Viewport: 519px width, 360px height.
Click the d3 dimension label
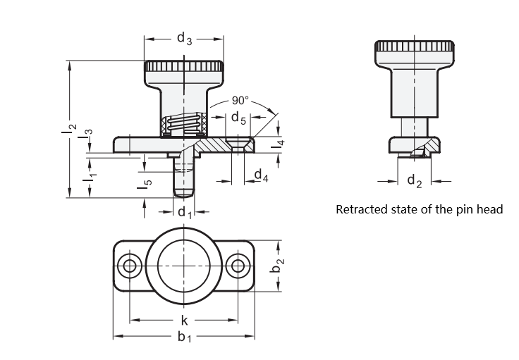(x=184, y=38)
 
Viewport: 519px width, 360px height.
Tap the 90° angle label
(x=240, y=100)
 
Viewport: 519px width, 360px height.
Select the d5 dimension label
(x=238, y=118)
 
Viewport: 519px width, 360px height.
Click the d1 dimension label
(x=185, y=212)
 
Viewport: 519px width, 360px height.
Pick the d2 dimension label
(x=415, y=181)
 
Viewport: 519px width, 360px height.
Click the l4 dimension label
(x=277, y=144)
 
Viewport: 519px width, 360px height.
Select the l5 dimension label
(x=145, y=184)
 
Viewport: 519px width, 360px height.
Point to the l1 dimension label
(x=90, y=177)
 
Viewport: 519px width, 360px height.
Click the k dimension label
(x=184, y=320)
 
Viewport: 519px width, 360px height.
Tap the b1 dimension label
(x=184, y=337)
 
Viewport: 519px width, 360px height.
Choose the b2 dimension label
(x=276, y=266)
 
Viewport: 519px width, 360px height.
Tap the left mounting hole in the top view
(x=130, y=266)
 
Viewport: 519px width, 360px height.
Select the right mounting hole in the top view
(x=238, y=266)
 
